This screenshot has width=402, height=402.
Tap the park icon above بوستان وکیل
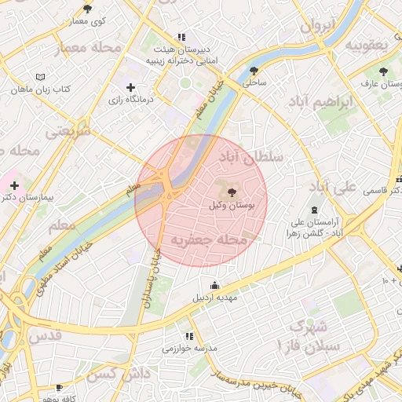point(231,192)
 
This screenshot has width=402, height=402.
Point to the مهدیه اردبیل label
point(214,298)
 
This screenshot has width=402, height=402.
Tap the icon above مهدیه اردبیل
point(215,285)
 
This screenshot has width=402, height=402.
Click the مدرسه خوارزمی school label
point(189,347)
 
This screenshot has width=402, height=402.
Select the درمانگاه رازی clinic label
point(152,100)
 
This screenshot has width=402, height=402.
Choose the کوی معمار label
point(87,21)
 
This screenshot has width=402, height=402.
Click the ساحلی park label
point(254,82)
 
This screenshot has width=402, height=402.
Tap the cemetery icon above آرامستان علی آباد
point(315,210)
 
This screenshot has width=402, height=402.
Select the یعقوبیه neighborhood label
point(366,45)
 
